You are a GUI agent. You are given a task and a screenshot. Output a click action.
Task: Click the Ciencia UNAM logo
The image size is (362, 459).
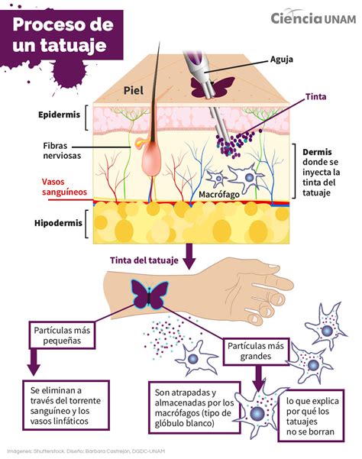coord(313,18)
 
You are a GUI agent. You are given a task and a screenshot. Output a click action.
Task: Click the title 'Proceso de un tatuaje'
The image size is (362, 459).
coord(63,34)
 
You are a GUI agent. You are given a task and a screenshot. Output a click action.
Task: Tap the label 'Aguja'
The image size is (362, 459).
coord(282,60)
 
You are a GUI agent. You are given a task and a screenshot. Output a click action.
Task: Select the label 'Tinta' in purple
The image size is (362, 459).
coord(315,96)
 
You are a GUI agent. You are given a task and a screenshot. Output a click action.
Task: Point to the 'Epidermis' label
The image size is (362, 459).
coord(59,115)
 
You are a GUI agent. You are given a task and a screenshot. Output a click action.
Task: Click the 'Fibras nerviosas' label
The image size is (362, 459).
coord(62,150)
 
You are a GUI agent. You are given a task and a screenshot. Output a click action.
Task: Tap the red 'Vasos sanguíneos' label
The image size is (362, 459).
coord(64,187)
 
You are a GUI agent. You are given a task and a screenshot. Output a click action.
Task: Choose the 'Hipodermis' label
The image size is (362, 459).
coord(58,223)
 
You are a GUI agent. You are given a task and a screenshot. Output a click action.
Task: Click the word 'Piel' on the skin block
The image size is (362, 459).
coord(134,90)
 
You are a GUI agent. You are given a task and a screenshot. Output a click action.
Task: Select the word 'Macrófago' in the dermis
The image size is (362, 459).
coord(219,195)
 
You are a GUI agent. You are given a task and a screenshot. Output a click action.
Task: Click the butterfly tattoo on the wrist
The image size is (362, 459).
coord(150,294)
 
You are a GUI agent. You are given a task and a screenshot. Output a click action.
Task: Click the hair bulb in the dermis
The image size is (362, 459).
coord(151,160)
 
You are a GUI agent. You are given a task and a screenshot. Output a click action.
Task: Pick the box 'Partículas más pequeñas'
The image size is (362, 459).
coord(62,335)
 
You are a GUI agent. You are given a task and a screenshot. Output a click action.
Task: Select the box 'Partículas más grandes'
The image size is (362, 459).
coord(256,351)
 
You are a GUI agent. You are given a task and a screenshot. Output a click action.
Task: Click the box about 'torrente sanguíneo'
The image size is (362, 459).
coord(66,406)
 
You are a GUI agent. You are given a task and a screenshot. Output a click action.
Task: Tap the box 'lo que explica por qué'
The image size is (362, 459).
coord(311,415)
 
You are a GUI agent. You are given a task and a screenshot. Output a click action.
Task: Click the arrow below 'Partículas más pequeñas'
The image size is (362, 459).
coord(34,362)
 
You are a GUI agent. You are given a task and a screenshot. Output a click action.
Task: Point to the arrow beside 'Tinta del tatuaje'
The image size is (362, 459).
coord(189,257)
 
